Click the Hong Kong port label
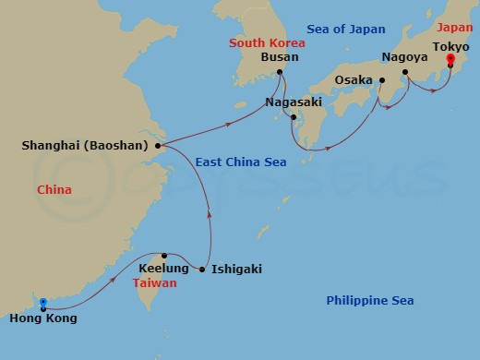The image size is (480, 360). (x=42, y=318)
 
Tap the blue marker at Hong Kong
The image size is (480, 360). (x=42, y=301)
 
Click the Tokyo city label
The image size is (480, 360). (x=452, y=43)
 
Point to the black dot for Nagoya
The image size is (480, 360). (x=405, y=71)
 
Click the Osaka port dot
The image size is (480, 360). (x=380, y=80)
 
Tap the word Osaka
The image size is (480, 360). (x=354, y=80)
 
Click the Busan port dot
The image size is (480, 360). (x=285, y=72)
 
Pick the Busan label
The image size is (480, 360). (x=280, y=57)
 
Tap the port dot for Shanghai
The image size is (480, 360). (x=159, y=145)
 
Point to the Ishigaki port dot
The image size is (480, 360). (x=202, y=270)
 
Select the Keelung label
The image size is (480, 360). (x=163, y=269)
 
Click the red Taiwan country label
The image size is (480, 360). (x=155, y=283)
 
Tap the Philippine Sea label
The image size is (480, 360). (x=370, y=301)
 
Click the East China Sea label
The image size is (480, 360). (x=241, y=162)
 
